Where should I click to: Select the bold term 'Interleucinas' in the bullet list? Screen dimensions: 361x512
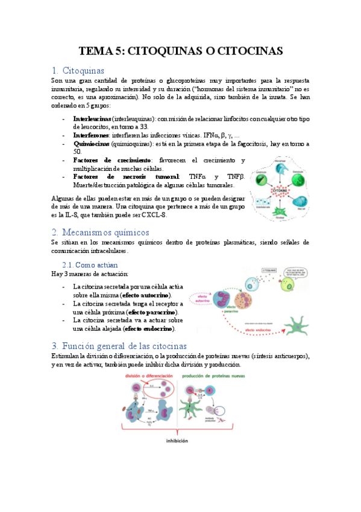[x=92, y=119]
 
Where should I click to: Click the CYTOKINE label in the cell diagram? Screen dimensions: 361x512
[x=281, y=188]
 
